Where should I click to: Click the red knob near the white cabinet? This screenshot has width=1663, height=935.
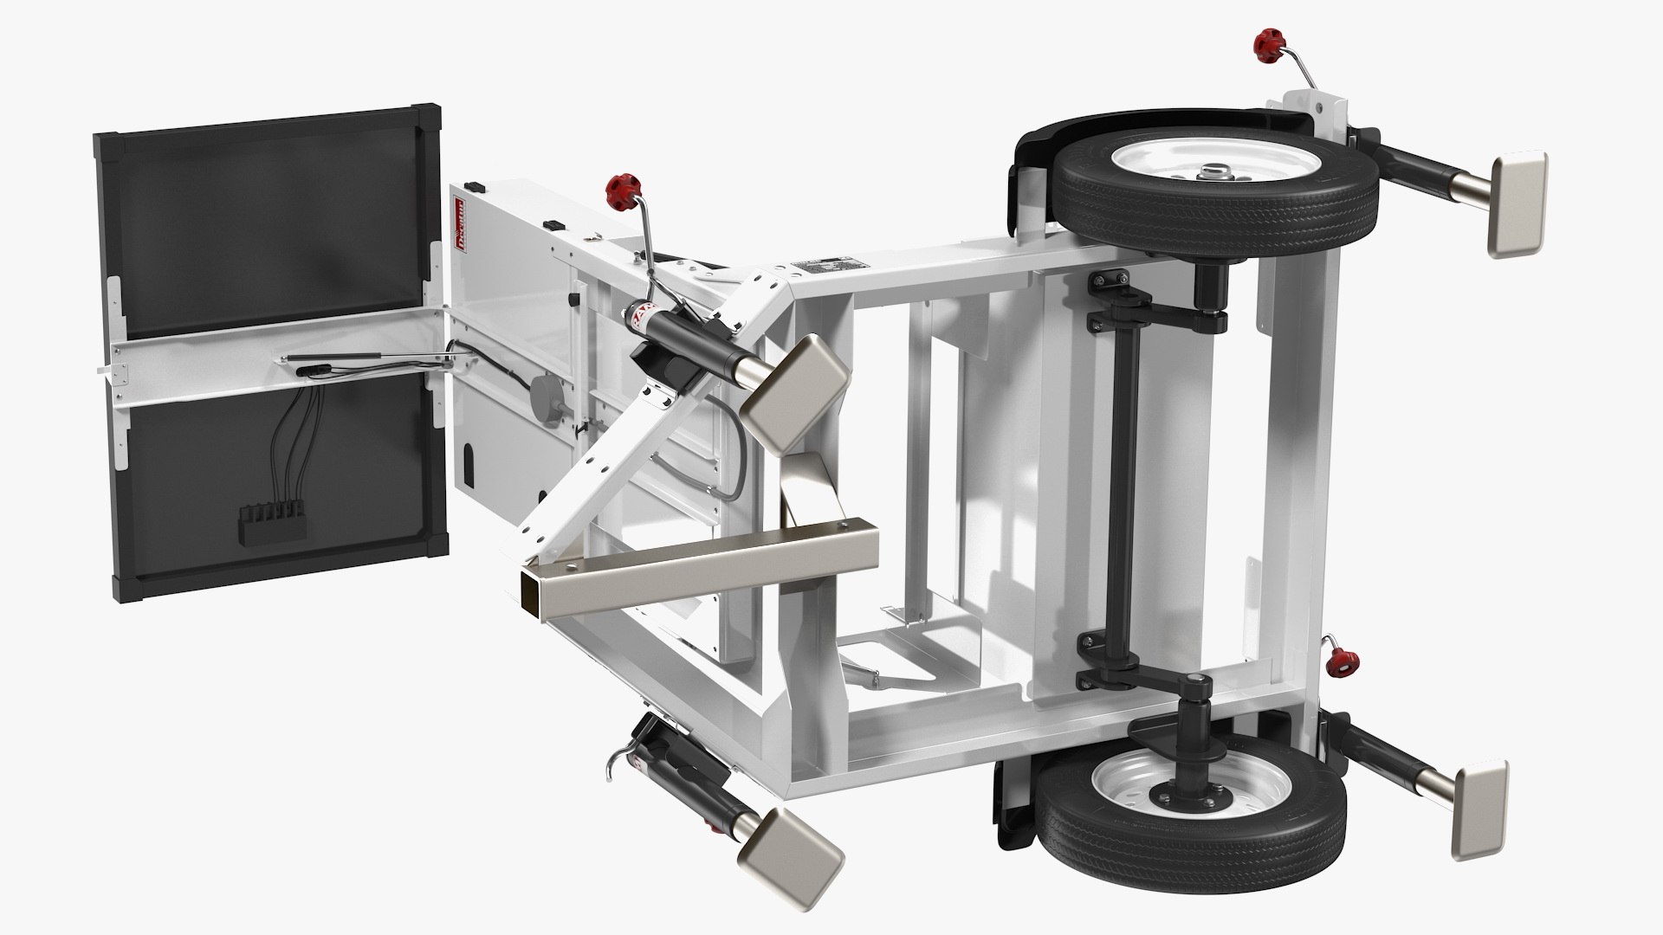click(x=619, y=186)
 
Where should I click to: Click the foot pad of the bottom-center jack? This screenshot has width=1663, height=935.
click(x=791, y=853)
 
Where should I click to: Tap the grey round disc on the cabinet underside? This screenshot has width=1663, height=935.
click(x=547, y=398)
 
